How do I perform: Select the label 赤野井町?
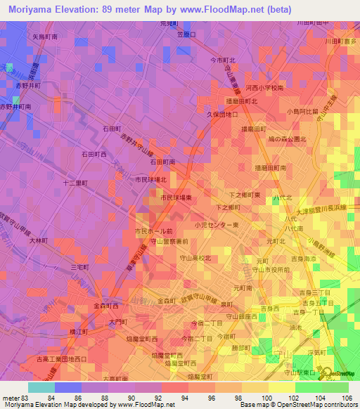pyautogui.click(x=28, y=85)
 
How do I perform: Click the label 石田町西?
pyautogui.click(x=94, y=153)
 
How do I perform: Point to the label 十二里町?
pyautogui.click(x=75, y=183)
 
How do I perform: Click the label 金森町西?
pyautogui.click(x=106, y=306)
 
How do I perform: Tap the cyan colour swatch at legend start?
pyautogui.click(x=41, y=388)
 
